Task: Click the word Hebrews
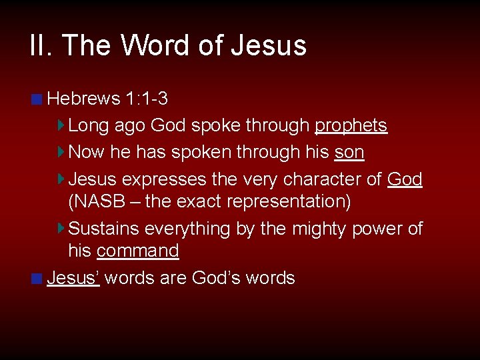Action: tap(83, 99)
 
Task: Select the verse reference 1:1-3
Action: tap(146, 99)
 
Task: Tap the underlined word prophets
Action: tap(351, 125)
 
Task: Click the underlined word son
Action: tap(349, 152)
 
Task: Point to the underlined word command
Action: tap(137, 251)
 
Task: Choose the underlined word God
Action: tap(404, 179)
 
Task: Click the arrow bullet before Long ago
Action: tap(61, 125)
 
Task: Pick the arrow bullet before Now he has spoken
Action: tap(61, 152)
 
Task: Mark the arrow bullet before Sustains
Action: tap(61, 229)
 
